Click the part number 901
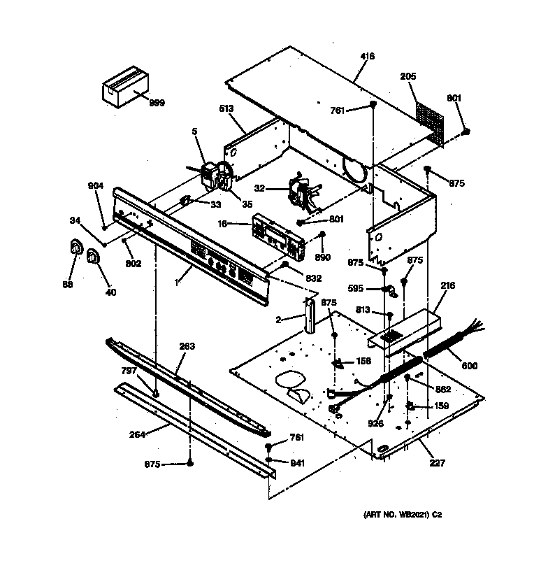454,99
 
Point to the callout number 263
187,346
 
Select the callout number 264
137,434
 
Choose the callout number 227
438,462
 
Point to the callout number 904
95,185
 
